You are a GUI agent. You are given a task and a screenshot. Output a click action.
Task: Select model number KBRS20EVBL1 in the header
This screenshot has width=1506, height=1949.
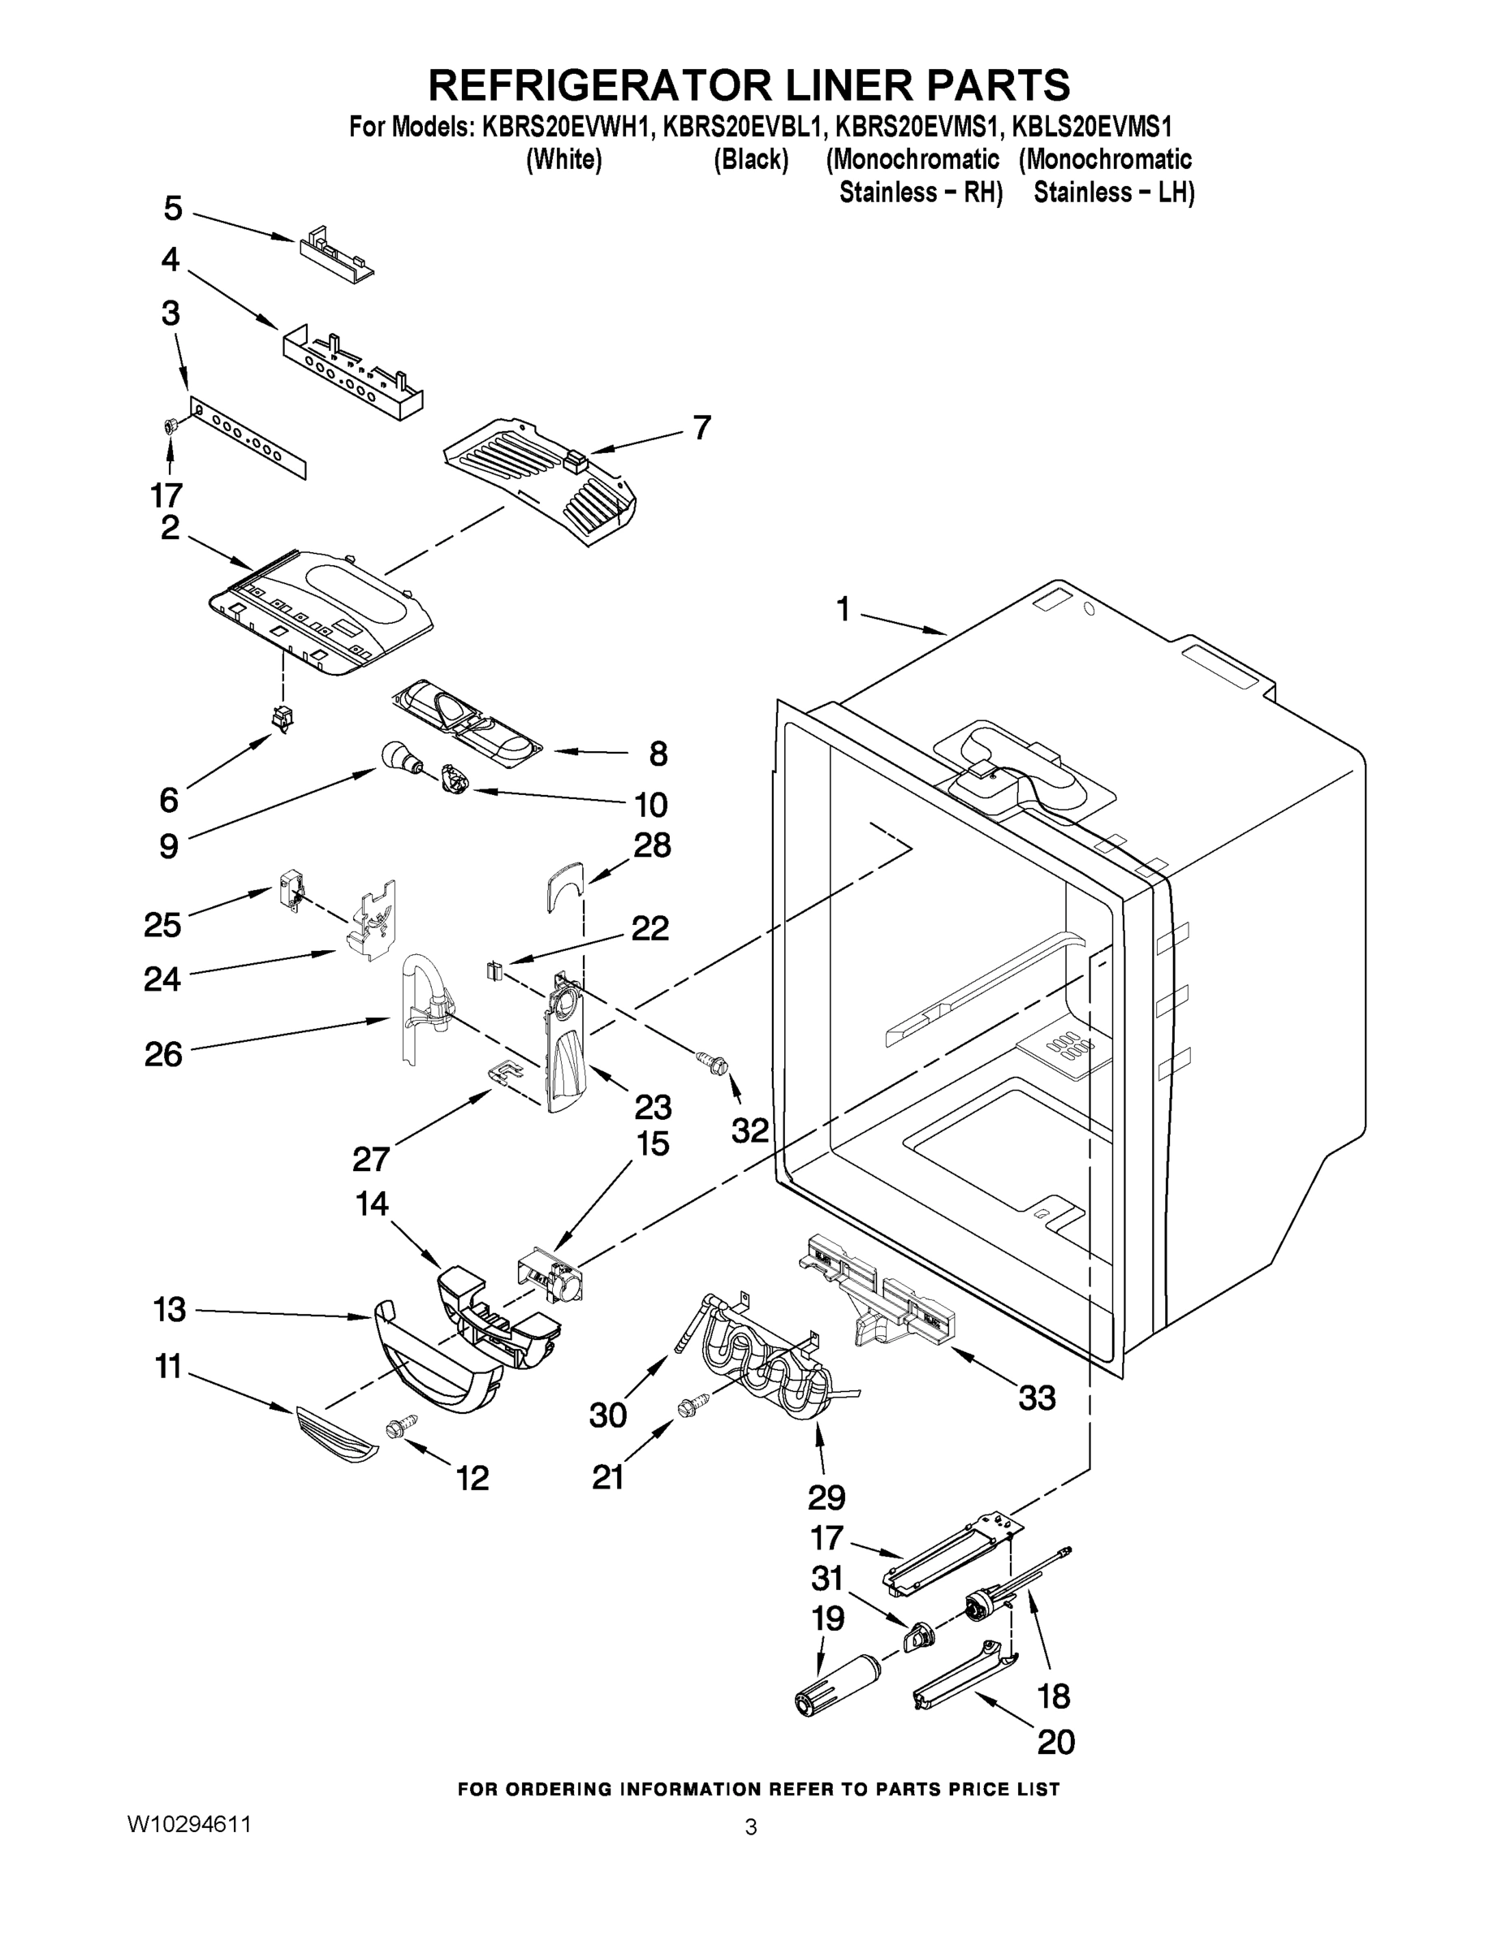pyautogui.click(x=740, y=127)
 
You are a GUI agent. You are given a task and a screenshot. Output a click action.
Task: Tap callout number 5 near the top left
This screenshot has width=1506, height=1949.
pyautogui.click(x=173, y=209)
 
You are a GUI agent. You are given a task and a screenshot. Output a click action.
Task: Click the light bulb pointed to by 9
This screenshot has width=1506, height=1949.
pyautogui.click(x=399, y=757)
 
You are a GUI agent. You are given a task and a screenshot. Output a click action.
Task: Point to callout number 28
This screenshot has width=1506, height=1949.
pyautogui.click(x=652, y=845)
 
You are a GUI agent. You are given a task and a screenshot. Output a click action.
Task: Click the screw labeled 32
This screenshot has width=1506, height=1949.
pyautogui.click(x=714, y=1062)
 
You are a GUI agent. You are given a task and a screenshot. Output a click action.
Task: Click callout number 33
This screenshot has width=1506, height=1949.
pyautogui.click(x=1037, y=1398)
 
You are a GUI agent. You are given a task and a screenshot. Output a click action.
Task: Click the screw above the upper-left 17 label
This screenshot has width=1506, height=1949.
pyautogui.click(x=168, y=427)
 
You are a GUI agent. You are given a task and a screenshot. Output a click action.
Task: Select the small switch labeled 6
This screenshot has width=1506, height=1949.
pyautogui.click(x=283, y=716)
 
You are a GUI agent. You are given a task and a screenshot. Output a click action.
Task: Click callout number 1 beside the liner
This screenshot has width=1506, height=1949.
pyautogui.click(x=843, y=610)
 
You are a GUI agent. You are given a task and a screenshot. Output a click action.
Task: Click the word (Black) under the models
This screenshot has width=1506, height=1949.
pyautogui.click(x=750, y=160)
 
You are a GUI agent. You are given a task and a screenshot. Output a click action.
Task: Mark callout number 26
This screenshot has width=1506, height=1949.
pyautogui.click(x=163, y=1054)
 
